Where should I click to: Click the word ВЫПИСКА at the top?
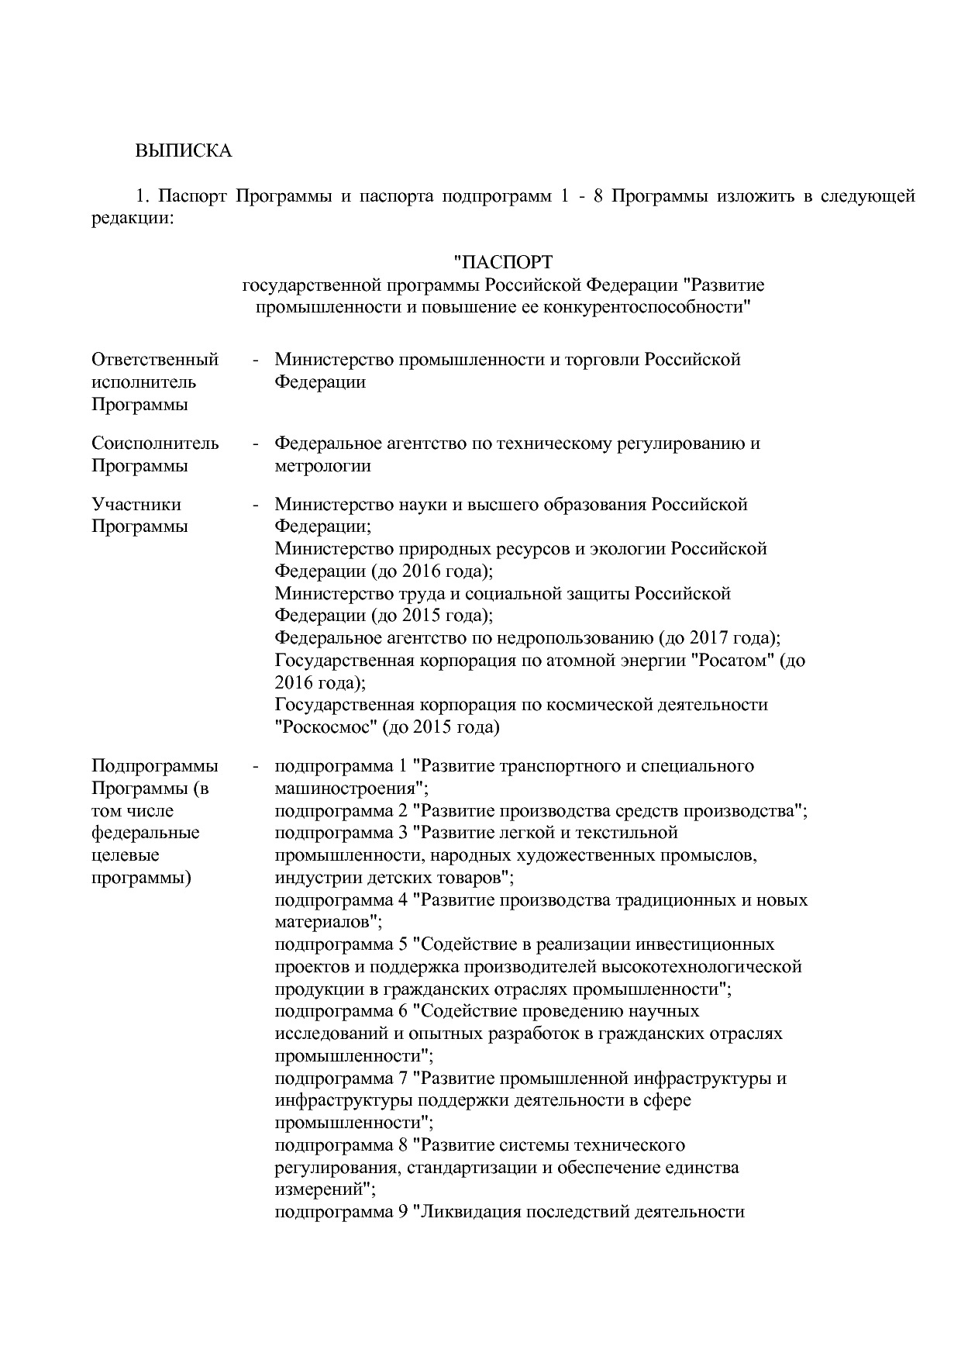pyautogui.click(x=184, y=150)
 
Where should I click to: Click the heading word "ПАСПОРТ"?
pyautogui.click(x=503, y=262)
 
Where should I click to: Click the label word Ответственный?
pyautogui.click(x=155, y=360)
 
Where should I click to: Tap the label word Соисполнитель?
pyautogui.click(x=155, y=444)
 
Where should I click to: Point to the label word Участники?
pyautogui.click(x=136, y=505)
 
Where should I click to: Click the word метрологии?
pyautogui.click(x=322, y=466)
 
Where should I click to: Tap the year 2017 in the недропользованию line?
pyautogui.click(x=711, y=638)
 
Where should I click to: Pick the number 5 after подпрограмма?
pyautogui.click(x=403, y=944)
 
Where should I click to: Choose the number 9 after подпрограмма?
pyautogui.click(x=403, y=1211)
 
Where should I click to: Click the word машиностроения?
pyautogui.click(x=347, y=789)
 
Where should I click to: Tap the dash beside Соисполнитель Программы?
pyautogui.click(x=255, y=444)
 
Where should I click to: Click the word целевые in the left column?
pyautogui.click(x=126, y=855)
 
